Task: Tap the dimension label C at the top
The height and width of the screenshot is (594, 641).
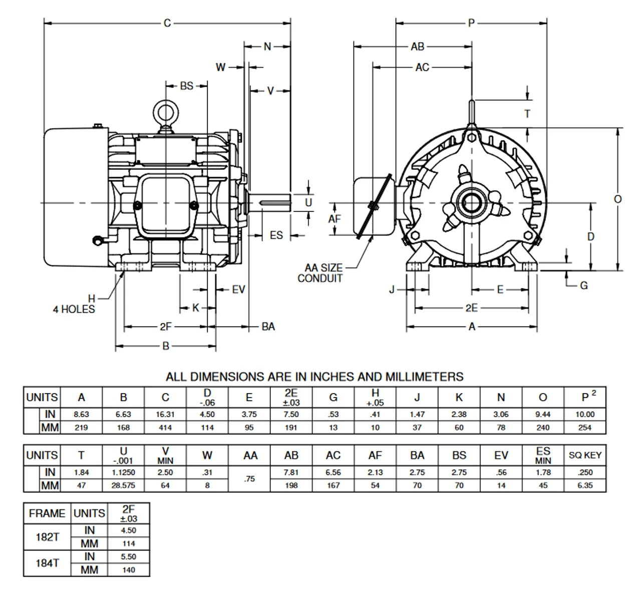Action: click(x=167, y=23)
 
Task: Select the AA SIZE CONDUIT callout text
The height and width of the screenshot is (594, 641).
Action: click(x=320, y=273)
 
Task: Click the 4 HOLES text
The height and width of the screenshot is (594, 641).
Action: click(x=74, y=309)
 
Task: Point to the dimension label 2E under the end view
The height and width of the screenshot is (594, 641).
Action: click(x=472, y=308)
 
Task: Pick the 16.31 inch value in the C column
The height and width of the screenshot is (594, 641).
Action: click(x=165, y=414)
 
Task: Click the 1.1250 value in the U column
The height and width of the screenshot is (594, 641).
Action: click(x=123, y=472)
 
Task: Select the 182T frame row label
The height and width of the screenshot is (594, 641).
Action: click(x=47, y=537)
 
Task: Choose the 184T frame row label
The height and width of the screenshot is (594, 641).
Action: click(x=47, y=563)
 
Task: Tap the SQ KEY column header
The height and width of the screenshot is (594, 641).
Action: click(x=585, y=455)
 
